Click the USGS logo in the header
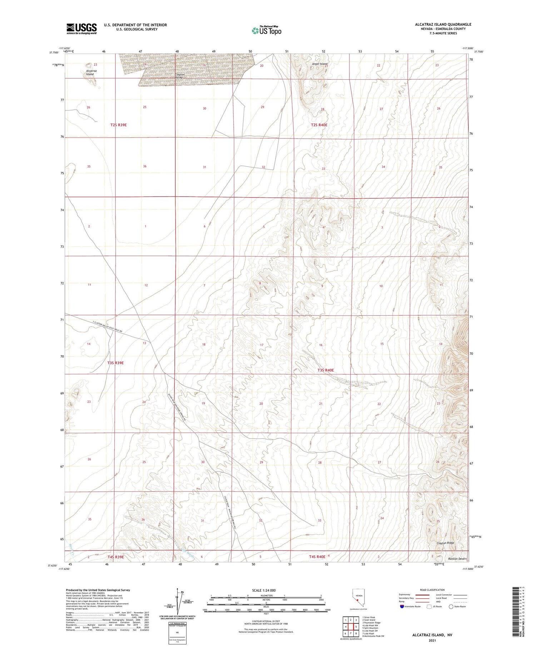pyautogui.click(x=81, y=29)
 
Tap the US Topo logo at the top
pyautogui.click(x=267, y=30)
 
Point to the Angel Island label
pyautogui.click(x=319, y=64)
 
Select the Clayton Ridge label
pyautogui.click(x=445, y=543)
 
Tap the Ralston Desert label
pyautogui.click(x=457, y=559)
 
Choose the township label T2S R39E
pyautogui.click(x=118, y=125)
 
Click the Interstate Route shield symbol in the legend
pyautogui.click(x=402, y=606)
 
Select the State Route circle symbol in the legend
pyautogui.click(x=451, y=606)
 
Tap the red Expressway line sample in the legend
pyautogui.click(x=423, y=595)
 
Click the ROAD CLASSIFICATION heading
pyautogui.click(x=432, y=590)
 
